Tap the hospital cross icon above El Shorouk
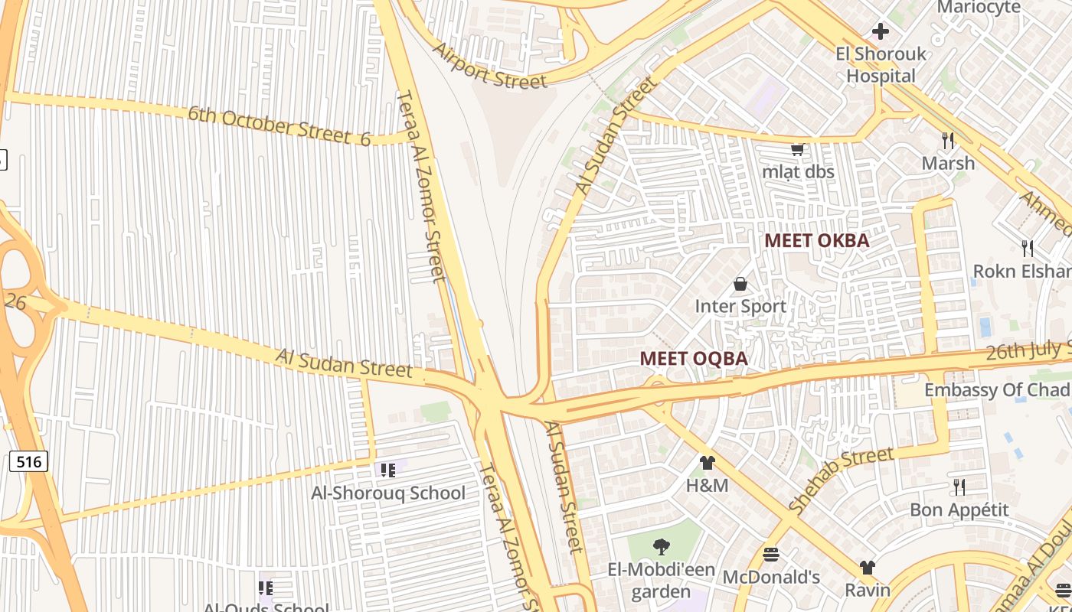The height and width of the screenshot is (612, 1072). point(881,31)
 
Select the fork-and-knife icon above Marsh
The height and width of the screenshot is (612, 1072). point(948,140)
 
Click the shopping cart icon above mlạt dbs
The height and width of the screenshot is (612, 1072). point(797,149)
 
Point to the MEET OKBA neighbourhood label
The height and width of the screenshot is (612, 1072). point(817,240)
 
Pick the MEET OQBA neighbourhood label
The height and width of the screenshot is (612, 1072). point(693,358)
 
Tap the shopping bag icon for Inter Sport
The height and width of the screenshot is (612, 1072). point(740,284)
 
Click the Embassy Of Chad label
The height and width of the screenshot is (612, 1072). point(997,389)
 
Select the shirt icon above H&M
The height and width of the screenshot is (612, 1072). point(707,462)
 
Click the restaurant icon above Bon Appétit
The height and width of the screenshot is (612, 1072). point(959,487)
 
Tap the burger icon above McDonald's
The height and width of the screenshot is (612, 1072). point(771,554)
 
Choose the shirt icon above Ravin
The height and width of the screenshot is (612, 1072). point(867,567)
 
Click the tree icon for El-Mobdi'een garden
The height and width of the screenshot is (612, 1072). point(661,546)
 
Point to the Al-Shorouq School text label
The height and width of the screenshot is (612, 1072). point(388,493)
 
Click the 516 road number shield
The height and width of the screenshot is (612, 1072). point(28,461)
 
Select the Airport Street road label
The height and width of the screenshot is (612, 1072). point(490,66)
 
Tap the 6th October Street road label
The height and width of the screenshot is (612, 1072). point(279,125)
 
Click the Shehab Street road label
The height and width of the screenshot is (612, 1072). point(840,480)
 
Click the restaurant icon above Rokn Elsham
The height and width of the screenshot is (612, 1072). point(1028,248)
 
